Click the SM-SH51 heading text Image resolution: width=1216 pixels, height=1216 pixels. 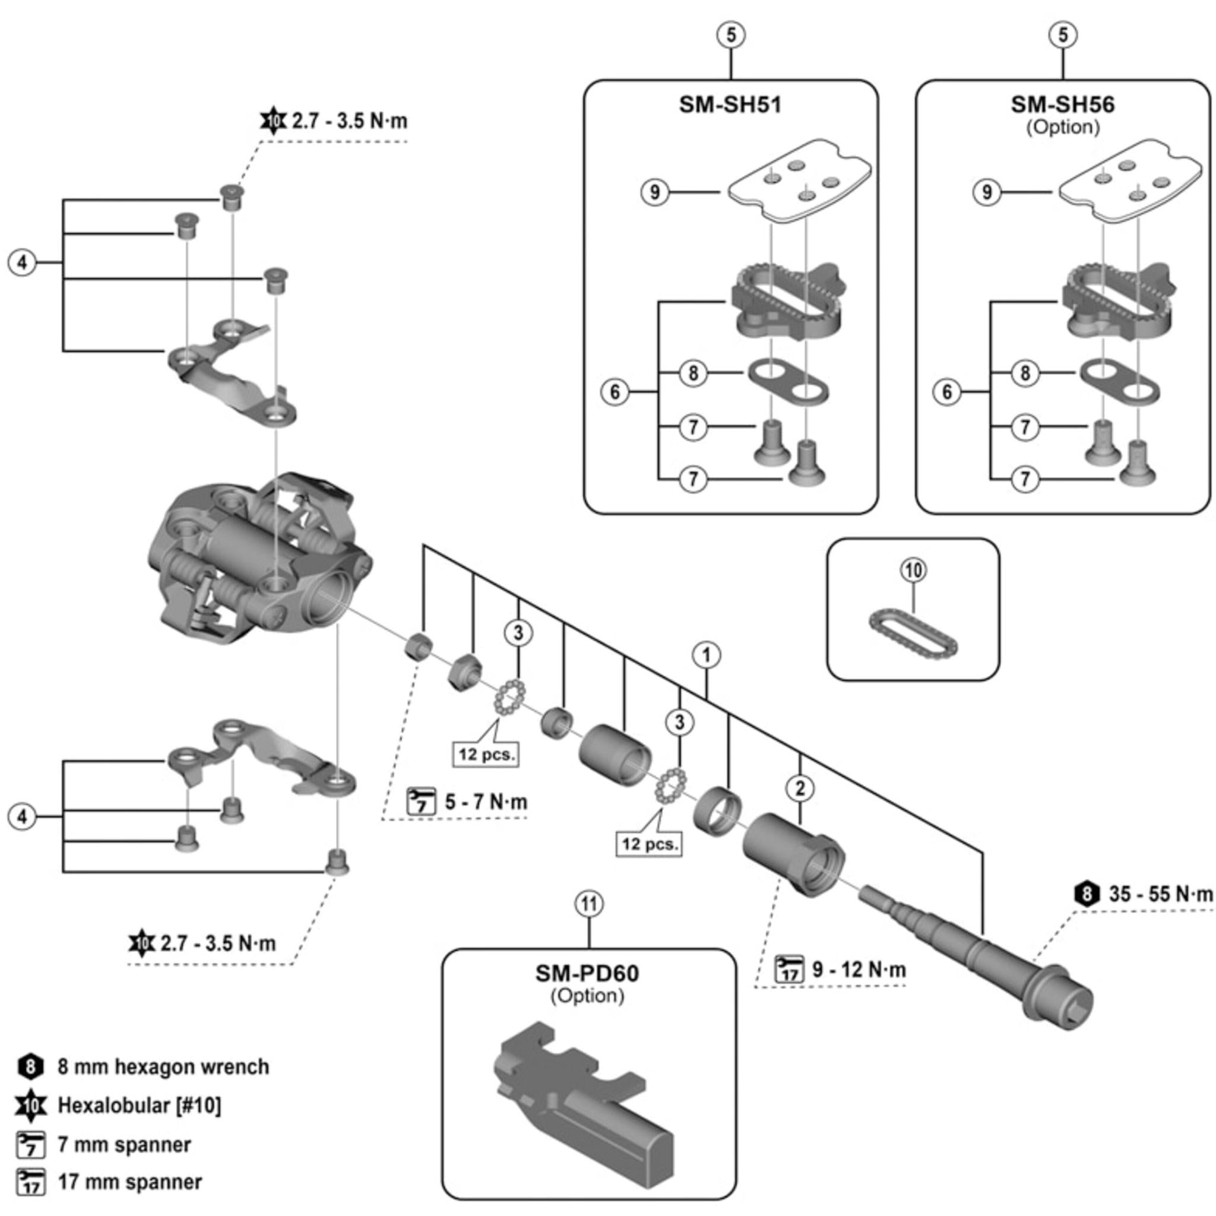pos(730,104)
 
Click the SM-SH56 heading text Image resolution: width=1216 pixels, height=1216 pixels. pos(1062,104)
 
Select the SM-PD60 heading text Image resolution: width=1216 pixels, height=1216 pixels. pos(587,973)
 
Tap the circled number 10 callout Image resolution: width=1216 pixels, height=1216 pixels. pos(913,570)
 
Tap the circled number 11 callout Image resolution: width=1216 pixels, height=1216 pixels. pos(588,904)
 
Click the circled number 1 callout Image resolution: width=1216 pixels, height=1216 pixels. pos(706,655)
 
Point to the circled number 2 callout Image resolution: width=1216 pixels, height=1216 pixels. pos(800,787)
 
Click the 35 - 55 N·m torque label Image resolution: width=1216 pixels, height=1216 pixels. pos(1160,894)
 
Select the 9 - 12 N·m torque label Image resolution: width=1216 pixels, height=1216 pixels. pos(859,969)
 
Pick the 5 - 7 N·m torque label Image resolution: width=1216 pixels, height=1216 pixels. pos(486,802)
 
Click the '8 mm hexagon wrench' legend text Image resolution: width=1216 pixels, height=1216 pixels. pos(163,1067)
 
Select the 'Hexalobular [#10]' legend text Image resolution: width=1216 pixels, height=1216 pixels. pos(139,1105)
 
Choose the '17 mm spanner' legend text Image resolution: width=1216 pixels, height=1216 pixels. pos(129,1182)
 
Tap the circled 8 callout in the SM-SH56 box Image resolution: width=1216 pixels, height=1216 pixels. pos(1025,373)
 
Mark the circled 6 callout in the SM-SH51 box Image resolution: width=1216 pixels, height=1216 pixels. pos(615,392)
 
